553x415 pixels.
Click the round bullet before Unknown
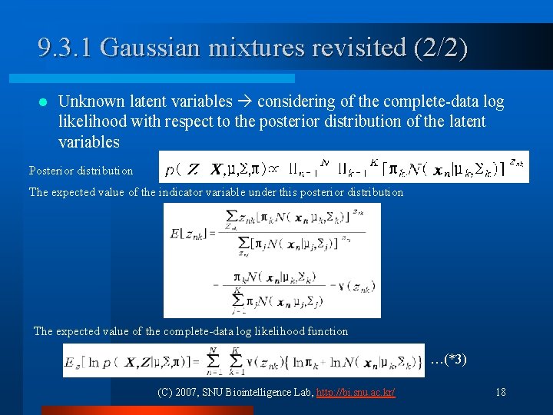click(x=42, y=102)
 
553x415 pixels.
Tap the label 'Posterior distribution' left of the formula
click(x=81, y=171)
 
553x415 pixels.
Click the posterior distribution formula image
click(x=343, y=168)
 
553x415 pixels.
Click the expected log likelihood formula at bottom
click(x=243, y=360)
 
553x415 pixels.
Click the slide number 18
click(x=500, y=392)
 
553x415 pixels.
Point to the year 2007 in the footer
click(x=187, y=392)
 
